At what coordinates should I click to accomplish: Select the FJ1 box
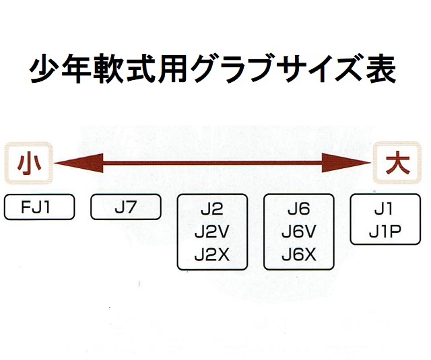tap(38, 207)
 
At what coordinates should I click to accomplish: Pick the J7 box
tap(125, 207)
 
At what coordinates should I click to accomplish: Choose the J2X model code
tap(212, 255)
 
